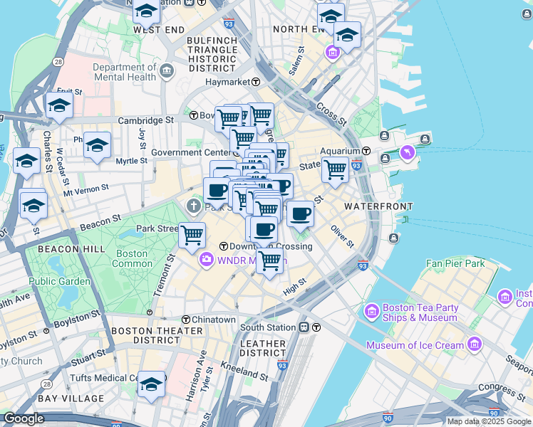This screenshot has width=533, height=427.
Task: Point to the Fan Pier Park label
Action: tap(455, 263)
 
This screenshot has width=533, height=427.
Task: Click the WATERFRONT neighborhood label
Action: tap(378, 206)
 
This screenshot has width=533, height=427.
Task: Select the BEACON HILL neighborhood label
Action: tap(62, 249)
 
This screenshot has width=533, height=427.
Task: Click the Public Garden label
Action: tap(60, 281)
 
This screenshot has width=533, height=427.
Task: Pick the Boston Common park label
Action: tap(132, 258)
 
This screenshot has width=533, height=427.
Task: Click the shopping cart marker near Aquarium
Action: tap(335, 170)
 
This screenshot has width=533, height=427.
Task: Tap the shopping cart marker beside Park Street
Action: tap(192, 234)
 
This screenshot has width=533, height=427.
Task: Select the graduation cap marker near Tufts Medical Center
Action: tap(151, 384)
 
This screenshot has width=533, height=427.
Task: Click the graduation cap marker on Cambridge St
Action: tap(59, 107)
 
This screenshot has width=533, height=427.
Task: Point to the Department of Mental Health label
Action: tap(124, 72)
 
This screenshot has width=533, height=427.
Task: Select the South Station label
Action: tap(267, 327)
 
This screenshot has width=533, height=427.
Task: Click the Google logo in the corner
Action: tap(24, 419)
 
